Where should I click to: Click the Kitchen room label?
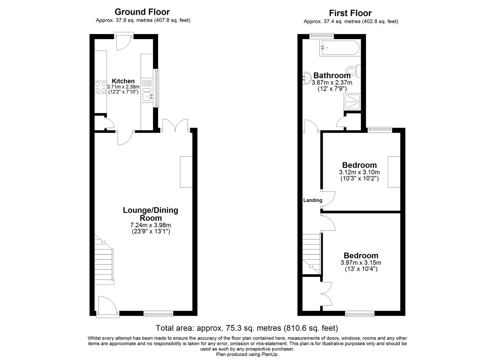(123, 81)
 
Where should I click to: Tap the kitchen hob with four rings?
(101, 87)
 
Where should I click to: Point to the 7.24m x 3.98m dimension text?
(150, 225)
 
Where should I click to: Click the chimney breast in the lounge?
(186, 172)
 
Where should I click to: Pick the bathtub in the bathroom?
(339, 48)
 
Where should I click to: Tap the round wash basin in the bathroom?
(307, 77)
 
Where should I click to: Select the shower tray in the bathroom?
(352, 102)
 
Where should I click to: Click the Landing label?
(312, 200)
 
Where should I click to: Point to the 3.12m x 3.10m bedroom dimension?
(359, 172)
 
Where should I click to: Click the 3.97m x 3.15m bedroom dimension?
(360, 262)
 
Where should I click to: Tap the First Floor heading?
(350, 13)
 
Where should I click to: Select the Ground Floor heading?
(143, 12)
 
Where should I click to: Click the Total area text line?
(247, 328)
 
